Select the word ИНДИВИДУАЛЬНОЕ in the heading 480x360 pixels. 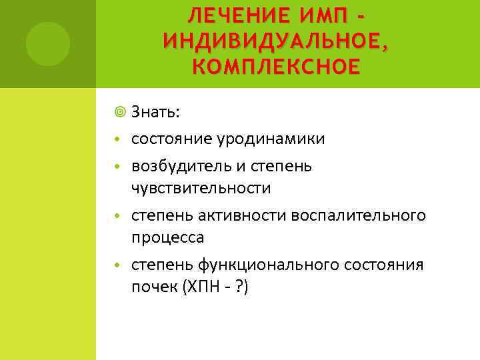point(273,41)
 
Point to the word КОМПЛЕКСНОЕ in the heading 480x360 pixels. point(275,67)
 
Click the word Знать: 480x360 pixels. point(155,112)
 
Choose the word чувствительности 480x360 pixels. point(201,188)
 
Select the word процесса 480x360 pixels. point(167,238)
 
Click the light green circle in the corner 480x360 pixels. point(48,44)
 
